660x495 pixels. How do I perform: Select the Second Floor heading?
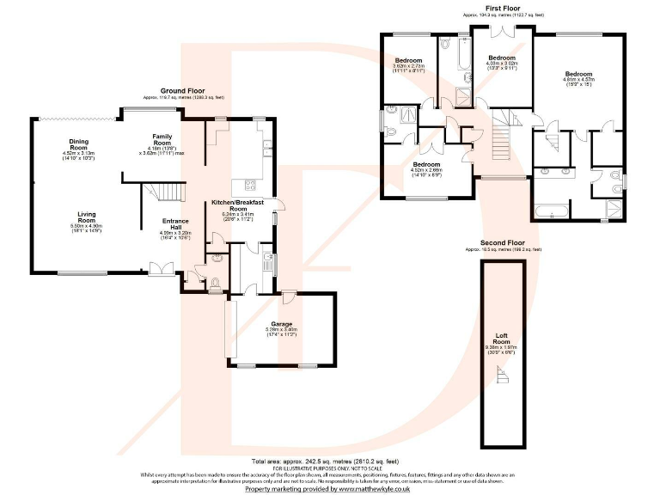(503, 243)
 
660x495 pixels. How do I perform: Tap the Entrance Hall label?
(175, 221)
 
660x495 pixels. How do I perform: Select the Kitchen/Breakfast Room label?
(235, 205)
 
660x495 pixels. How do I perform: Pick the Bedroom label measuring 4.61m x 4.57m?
(578, 74)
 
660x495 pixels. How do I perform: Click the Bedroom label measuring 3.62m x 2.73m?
(410, 59)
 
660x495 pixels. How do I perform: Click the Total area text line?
(330, 461)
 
